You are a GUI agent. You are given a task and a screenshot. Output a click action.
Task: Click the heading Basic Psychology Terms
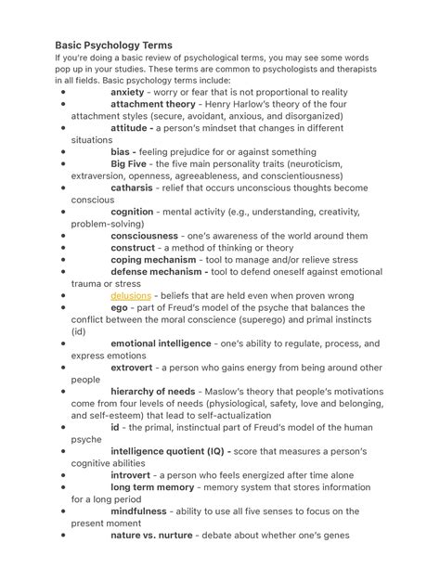(113, 45)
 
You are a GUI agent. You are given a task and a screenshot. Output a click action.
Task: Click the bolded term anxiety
(128, 93)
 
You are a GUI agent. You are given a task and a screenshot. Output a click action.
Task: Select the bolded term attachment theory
(152, 105)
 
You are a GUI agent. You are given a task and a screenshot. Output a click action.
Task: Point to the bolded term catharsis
(132, 188)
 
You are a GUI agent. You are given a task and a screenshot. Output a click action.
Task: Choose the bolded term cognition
(132, 213)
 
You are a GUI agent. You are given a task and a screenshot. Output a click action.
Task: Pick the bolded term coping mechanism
(153, 260)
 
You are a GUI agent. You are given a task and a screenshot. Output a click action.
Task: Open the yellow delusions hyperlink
(131, 296)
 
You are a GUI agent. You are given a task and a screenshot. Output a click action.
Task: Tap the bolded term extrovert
(132, 368)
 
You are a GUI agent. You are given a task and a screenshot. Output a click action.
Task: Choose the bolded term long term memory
(152, 487)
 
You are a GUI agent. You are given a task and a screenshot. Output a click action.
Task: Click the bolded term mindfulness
(138, 511)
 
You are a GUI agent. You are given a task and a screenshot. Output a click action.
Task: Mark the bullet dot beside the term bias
(61, 152)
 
